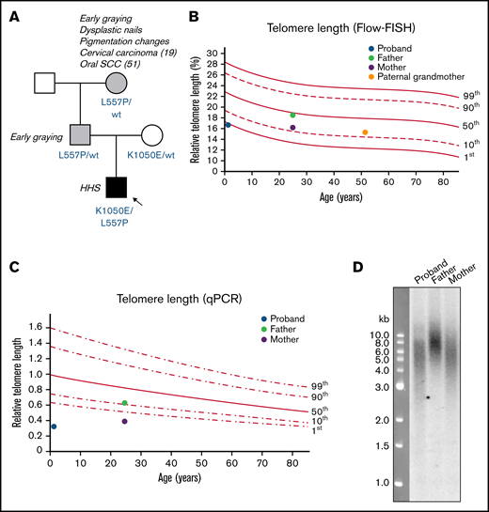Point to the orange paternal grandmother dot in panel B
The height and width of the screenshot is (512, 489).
point(365,132)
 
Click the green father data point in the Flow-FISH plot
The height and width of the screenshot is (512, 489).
point(292,115)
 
